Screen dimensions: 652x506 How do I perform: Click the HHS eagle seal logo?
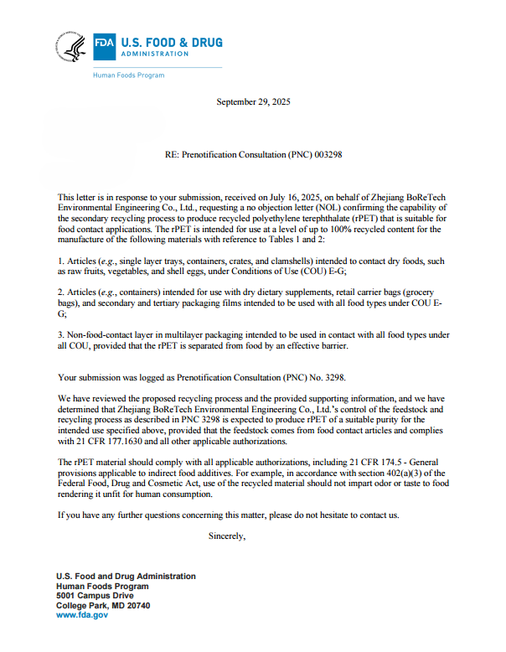71,47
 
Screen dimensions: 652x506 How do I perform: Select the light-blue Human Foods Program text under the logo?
128,75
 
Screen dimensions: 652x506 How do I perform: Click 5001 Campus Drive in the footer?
94,595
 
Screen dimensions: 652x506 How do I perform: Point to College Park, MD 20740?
103,605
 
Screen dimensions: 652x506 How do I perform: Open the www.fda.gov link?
81,614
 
